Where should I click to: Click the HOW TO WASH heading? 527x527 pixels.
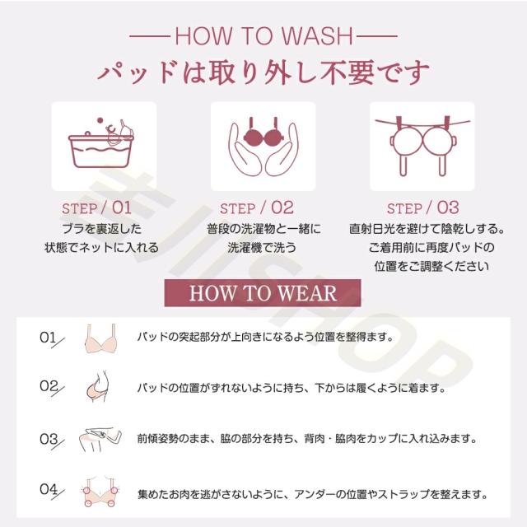(x=263, y=35)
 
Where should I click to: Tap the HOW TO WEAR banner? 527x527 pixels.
(x=263, y=293)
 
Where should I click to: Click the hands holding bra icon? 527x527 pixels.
(x=263, y=147)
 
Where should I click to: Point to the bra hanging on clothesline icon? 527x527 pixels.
(x=422, y=146)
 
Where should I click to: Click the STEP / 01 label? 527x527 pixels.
(x=97, y=208)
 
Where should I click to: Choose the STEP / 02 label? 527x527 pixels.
(x=257, y=208)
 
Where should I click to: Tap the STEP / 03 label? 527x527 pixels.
(x=422, y=208)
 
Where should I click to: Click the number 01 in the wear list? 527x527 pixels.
(x=48, y=337)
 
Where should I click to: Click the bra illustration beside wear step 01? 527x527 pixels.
(x=100, y=338)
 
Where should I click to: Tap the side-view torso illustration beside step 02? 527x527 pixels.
(x=98, y=386)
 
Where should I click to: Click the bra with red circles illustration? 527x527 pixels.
(x=100, y=492)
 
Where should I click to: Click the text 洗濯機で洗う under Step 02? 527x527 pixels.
(x=262, y=248)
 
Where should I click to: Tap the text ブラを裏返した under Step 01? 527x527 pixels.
(x=101, y=229)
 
